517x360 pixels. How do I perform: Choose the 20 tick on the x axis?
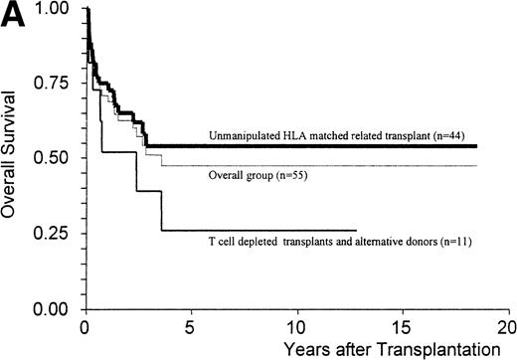point(506,326)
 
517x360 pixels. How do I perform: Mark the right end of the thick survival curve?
point(476,146)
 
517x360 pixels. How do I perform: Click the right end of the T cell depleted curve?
point(356,231)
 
